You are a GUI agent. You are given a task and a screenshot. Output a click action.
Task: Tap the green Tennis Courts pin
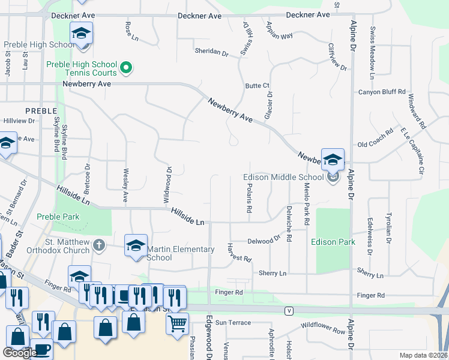coord(126,68)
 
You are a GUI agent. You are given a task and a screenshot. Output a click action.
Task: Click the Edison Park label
coord(333,242)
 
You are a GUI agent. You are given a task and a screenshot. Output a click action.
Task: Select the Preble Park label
coord(58,217)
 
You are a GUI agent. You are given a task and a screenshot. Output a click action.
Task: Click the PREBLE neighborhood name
coord(41,111)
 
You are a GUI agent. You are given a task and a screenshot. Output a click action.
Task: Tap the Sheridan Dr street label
coord(211,53)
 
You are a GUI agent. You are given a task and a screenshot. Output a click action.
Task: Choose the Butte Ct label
coord(258,86)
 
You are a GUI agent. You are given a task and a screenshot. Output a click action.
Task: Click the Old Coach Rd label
coord(375,145)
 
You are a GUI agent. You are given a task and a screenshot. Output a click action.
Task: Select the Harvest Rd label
coord(238,253)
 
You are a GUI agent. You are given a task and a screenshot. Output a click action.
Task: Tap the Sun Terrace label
coord(234,323)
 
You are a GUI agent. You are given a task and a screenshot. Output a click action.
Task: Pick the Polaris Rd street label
coord(249,198)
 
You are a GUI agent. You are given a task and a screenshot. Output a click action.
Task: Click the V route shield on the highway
coord(290,310)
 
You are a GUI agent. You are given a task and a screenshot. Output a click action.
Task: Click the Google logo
coord(20,353)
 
